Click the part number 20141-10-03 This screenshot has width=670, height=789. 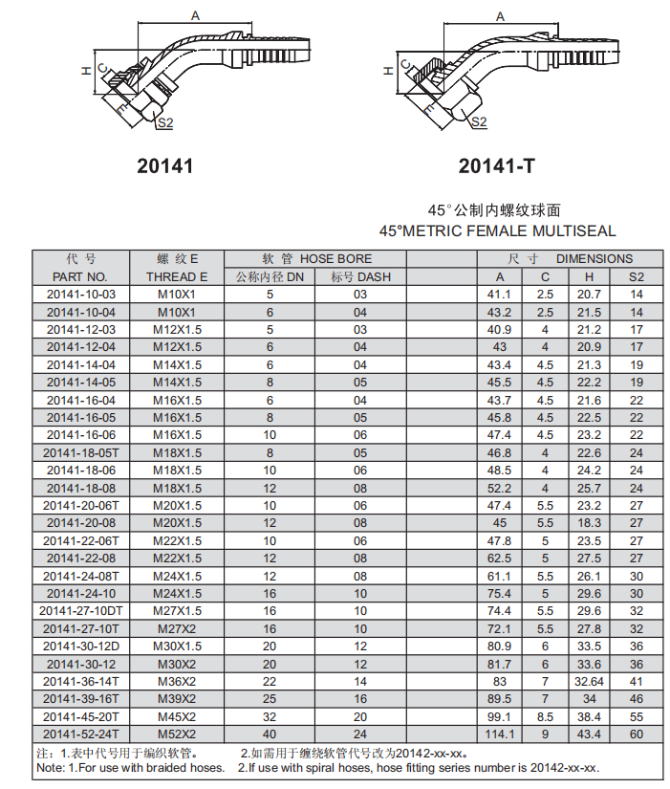[x=81, y=295]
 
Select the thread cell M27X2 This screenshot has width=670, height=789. [x=177, y=628]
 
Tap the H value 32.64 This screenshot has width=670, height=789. [x=589, y=681]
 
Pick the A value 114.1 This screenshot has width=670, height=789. [x=500, y=734]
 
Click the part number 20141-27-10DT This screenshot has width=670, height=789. [x=81, y=611]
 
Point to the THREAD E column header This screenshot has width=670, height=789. [x=177, y=276]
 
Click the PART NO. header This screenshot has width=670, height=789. [x=80, y=276]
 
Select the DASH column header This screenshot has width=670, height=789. [x=360, y=276]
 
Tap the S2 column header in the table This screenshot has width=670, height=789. [x=637, y=276]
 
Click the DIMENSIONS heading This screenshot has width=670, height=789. [x=594, y=258]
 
